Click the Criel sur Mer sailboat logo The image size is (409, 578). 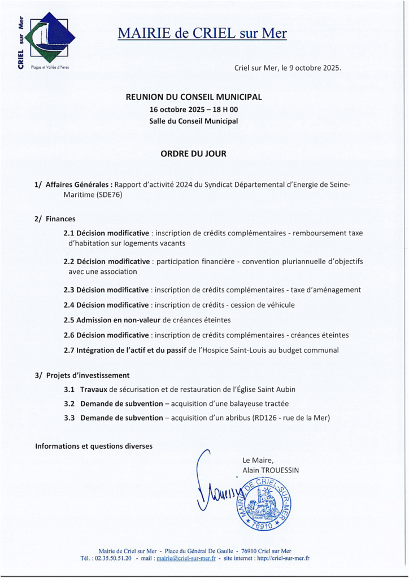click(x=50, y=38)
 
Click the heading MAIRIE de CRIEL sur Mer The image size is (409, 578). click(x=202, y=33)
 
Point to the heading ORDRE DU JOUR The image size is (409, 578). click(x=194, y=153)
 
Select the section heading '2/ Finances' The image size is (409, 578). click(x=55, y=218)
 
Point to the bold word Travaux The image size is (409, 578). click(x=94, y=389)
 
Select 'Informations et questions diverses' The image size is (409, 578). click(x=94, y=446)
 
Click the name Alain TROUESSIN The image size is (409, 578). click(x=271, y=470)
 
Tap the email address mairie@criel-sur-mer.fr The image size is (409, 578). click(x=186, y=558)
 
